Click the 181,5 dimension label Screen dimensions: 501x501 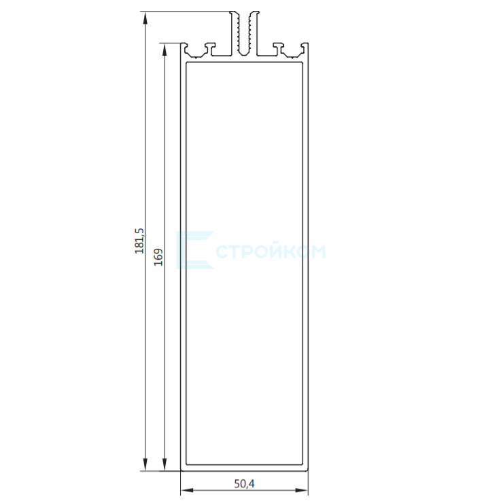139,241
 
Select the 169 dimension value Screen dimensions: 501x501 158,257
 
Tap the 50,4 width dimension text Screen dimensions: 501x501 245,484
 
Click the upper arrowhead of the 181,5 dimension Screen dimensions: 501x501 145,18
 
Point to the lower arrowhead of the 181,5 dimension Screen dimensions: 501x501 145,464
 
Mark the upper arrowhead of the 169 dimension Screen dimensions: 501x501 165,49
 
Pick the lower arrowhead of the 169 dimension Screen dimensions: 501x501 165,464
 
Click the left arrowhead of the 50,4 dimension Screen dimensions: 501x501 187,490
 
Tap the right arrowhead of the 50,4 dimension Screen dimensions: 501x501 302,490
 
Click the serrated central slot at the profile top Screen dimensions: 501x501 245,33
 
